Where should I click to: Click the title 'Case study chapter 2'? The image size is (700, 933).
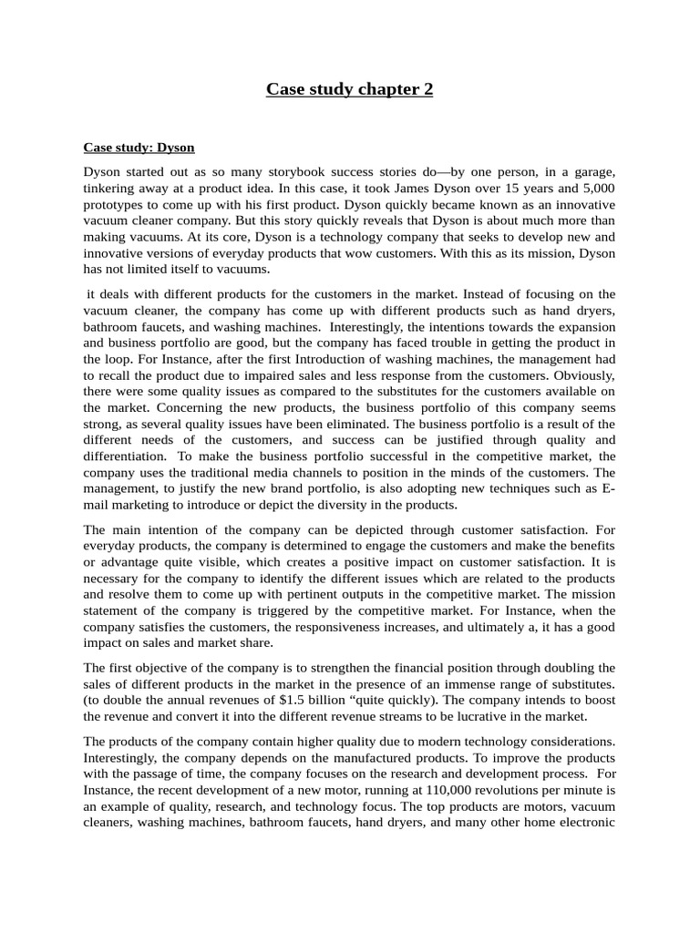point(349,88)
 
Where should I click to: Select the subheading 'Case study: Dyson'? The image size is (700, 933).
point(139,147)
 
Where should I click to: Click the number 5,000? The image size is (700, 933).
point(596,188)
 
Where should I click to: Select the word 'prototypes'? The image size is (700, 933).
point(114,204)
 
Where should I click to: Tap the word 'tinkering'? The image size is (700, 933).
point(113,188)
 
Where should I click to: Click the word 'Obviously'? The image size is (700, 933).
point(585,375)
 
